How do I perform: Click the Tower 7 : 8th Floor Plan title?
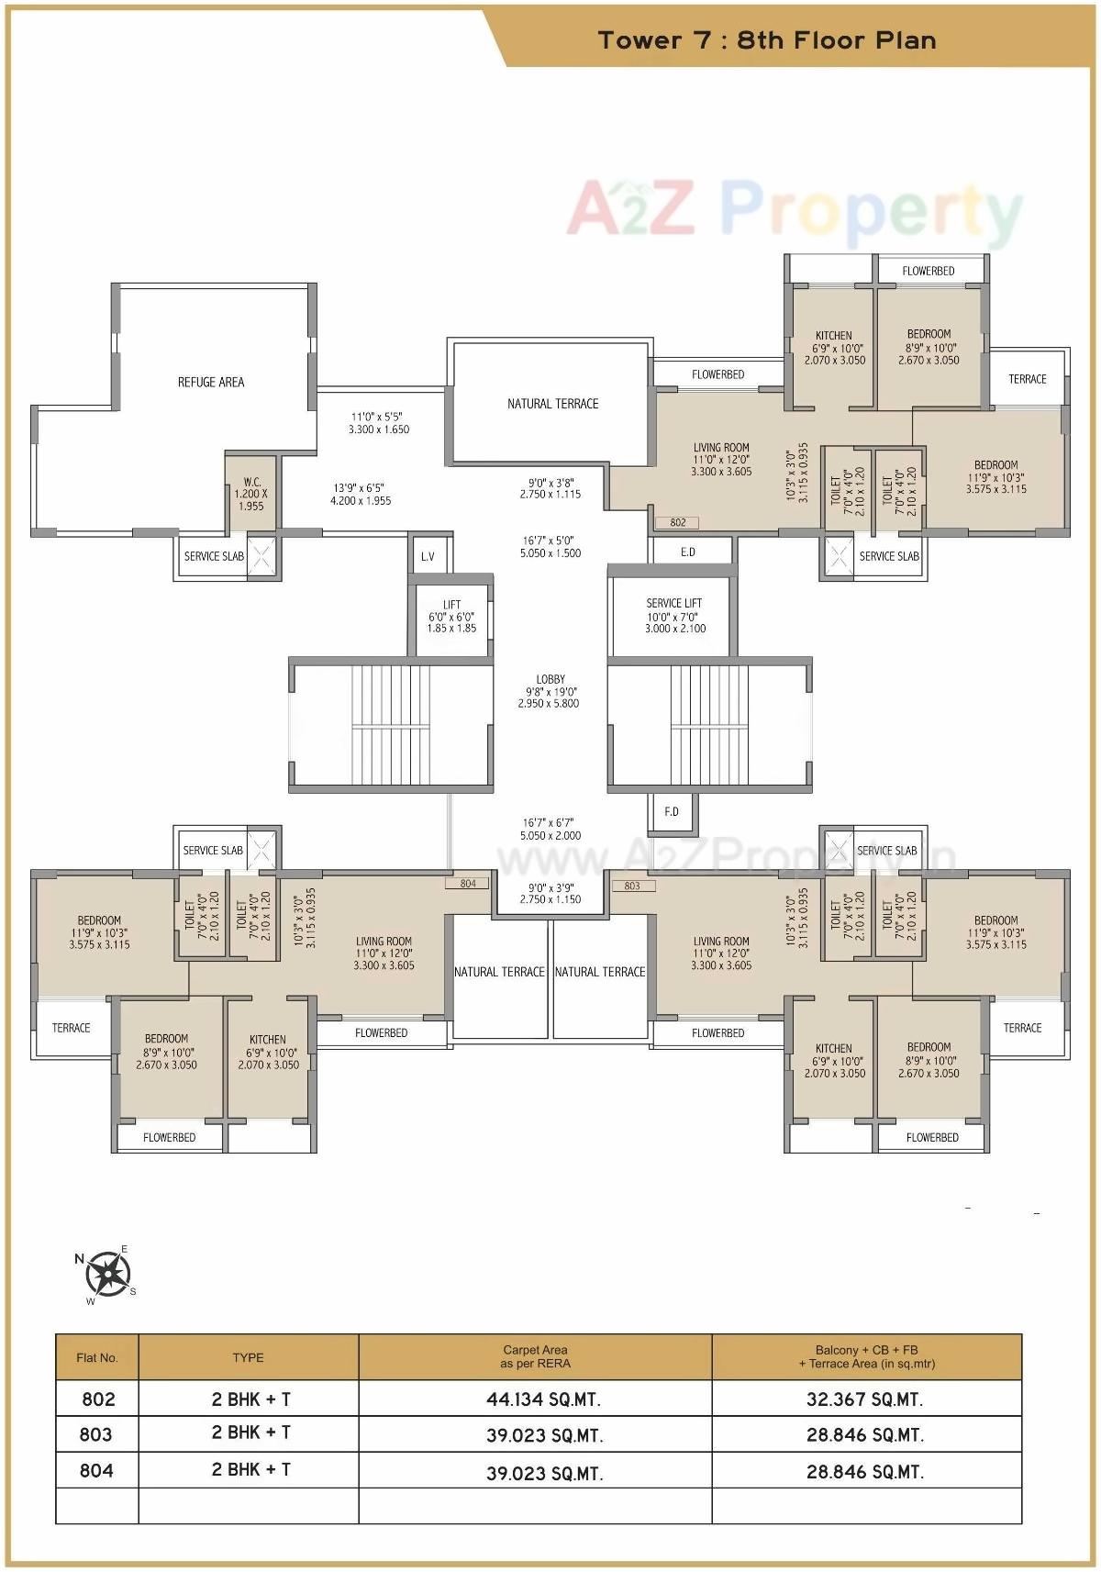[x=767, y=40]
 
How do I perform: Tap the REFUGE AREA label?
[x=211, y=382]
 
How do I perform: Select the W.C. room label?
[x=251, y=482]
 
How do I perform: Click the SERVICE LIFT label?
[x=674, y=603]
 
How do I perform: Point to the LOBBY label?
[x=550, y=680]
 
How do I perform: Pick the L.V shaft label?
[x=428, y=556]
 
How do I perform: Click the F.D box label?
[x=672, y=811]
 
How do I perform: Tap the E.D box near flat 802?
[x=688, y=552]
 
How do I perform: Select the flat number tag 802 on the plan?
[x=677, y=522]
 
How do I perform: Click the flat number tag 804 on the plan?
[x=468, y=884]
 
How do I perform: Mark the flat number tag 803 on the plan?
[x=632, y=886]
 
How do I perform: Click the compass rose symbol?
[x=107, y=1274]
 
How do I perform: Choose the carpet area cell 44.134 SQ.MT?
[x=543, y=1399]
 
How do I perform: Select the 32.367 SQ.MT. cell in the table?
[x=864, y=1399]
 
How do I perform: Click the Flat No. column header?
[x=97, y=1357]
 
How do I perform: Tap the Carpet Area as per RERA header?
[x=535, y=1356]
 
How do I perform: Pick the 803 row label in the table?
[x=96, y=1434]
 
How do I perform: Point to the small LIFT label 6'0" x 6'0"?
[x=451, y=617]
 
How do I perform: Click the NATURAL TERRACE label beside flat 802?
[x=552, y=404]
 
